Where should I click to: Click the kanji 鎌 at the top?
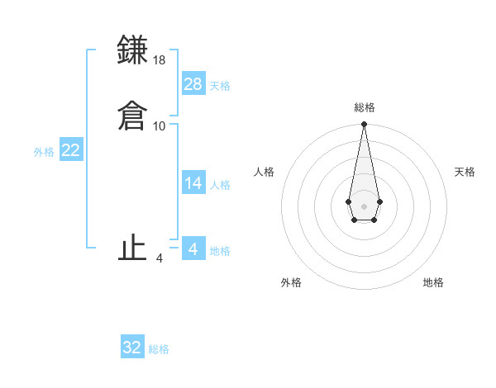click(133, 50)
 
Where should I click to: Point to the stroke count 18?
click(160, 60)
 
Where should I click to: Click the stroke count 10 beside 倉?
click(160, 126)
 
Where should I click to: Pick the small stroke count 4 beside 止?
click(160, 258)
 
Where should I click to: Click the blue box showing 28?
click(193, 83)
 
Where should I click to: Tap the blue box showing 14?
click(193, 182)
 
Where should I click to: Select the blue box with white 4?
click(193, 248)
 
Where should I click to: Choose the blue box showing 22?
click(71, 149)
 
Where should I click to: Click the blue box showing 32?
click(132, 348)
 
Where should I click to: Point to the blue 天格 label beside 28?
click(220, 86)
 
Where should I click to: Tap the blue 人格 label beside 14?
click(220, 185)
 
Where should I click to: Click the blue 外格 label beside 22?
click(44, 152)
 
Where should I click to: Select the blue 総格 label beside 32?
click(159, 350)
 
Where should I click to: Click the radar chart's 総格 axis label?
click(364, 107)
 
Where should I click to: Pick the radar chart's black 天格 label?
click(465, 172)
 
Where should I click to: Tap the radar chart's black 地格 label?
click(433, 282)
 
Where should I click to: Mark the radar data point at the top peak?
click(364, 125)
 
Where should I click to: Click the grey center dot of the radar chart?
click(364, 205)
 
